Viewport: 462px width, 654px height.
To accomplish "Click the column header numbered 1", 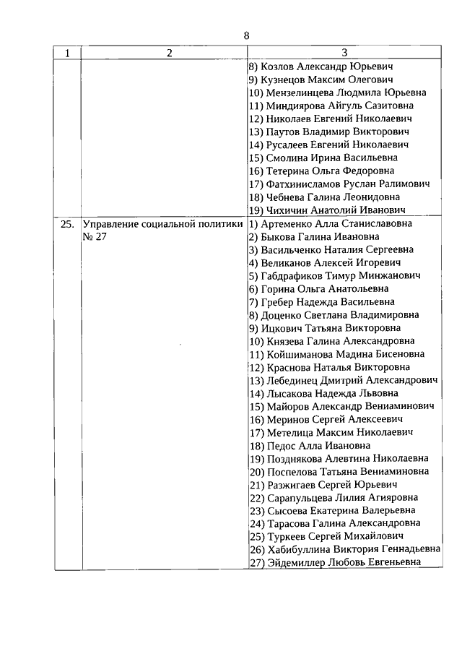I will [67, 53].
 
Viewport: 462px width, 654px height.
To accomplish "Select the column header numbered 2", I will [168, 53].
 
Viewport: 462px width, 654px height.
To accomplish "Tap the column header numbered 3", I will [344, 53].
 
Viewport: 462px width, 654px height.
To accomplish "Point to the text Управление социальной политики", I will [162, 224].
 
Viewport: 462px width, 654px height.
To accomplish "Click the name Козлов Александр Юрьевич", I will [326, 66].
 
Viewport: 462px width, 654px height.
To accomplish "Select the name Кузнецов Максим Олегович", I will [329, 79].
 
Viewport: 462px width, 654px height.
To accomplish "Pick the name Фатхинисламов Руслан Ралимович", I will [344, 184].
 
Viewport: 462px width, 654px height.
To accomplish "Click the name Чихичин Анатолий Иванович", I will [331, 210].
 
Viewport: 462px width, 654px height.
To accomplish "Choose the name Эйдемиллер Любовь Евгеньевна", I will [342, 563].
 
